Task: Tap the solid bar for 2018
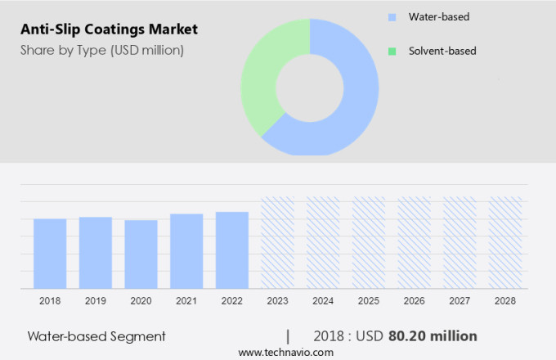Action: click(50, 253)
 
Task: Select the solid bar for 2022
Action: click(232, 250)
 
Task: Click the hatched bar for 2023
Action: click(277, 242)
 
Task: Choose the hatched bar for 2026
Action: click(414, 242)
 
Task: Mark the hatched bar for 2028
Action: click(505, 242)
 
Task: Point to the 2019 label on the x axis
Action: click(96, 301)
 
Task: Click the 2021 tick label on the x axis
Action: click(186, 301)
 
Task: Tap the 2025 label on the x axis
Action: click(368, 301)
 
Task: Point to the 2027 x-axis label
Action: click(460, 301)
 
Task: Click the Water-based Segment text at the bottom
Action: click(96, 335)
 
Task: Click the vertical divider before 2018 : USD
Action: click(288, 335)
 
